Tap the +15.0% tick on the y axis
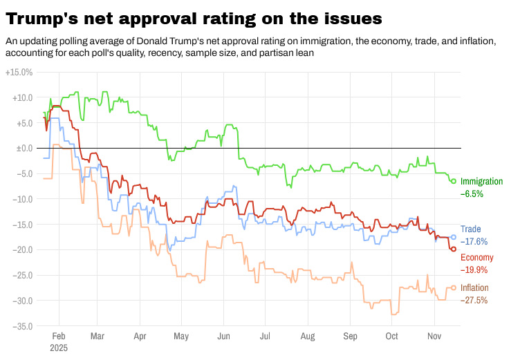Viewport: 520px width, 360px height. click(x=19, y=72)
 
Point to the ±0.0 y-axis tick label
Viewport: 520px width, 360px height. click(x=24, y=148)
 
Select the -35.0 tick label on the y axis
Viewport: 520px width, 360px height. click(x=21, y=326)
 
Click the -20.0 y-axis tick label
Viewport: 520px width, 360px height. click(x=21, y=249)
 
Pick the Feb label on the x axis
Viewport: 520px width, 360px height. click(x=59, y=334)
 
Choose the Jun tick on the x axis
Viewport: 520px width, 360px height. click(x=223, y=334)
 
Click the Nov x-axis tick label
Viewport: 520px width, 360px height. click(x=434, y=334)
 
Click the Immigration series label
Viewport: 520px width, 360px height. click(x=483, y=181)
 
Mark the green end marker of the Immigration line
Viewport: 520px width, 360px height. click(x=454, y=181)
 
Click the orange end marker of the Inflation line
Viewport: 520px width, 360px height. click(x=454, y=288)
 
